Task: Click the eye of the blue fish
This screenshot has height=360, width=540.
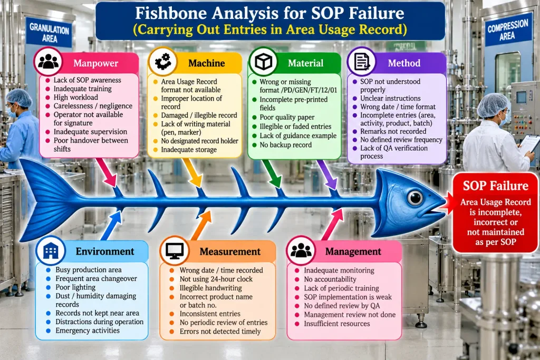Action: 415,198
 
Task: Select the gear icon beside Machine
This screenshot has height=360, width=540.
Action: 162,62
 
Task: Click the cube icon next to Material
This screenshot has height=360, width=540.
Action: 263,62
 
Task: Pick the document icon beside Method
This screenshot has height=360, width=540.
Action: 361,62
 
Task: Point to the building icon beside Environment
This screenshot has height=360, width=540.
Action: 51,250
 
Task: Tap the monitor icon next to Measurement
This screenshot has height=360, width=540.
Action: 174,250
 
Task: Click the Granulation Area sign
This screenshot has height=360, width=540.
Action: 49,33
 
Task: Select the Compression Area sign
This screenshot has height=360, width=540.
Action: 507,30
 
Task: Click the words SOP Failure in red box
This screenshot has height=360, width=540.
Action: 495,186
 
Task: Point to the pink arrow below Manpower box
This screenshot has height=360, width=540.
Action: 107,172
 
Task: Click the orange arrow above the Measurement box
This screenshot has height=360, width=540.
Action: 201,226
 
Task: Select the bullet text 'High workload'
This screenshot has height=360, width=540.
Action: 76,98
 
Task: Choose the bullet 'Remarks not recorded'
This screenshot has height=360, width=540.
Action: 393,131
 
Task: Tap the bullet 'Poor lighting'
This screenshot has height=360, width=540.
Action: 75,287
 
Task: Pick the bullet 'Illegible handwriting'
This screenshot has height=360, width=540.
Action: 210,288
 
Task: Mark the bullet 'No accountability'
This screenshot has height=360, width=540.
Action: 330,279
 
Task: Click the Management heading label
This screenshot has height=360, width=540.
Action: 353,251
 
